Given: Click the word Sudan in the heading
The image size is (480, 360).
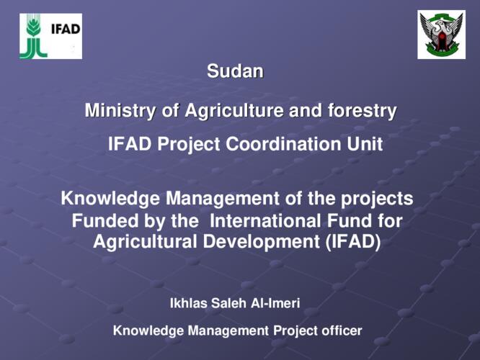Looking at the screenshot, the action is [235, 71].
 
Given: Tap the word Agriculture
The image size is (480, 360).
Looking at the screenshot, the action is [234, 111].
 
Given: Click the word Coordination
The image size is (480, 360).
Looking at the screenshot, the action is [283, 144].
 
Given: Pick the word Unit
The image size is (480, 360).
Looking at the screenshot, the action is [365, 144].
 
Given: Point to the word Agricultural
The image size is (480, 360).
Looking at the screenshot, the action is [145, 242].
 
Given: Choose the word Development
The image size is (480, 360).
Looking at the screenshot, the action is [261, 242].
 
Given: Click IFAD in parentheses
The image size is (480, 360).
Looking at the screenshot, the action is [353, 242].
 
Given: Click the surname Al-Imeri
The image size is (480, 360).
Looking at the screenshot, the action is [275, 303].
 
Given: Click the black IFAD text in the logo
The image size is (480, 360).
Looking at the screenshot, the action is [66, 29].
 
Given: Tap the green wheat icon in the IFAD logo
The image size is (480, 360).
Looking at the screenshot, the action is [33, 36].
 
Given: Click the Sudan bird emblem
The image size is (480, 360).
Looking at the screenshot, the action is [441, 35].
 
